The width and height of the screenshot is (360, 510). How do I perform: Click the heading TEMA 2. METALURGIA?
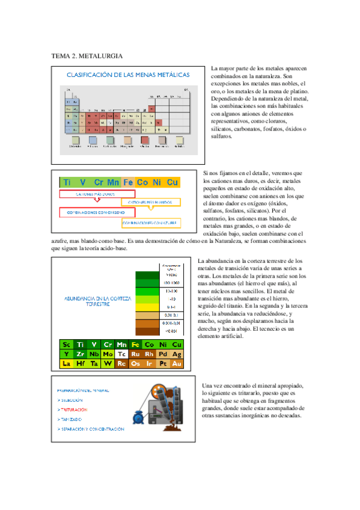[87, 56]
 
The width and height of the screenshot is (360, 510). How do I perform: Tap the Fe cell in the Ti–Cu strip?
[128, 182]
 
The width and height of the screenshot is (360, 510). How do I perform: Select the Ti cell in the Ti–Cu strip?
[67, 182]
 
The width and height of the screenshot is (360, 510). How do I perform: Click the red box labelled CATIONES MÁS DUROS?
[96, 195]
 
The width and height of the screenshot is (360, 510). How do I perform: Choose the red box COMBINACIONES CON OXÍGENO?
[96, 212]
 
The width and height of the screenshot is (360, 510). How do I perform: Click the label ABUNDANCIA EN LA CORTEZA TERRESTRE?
[97, 301]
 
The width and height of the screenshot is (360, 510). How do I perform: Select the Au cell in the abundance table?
[177, 364]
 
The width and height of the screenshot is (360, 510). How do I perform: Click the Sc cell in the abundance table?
[66, 345]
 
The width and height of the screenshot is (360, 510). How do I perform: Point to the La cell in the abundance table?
[66, 364]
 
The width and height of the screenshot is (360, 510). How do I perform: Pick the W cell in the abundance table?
[108, 364]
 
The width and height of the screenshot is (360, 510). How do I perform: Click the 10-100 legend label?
[171, 290]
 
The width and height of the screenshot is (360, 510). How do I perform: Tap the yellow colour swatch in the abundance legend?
[144, 307]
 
